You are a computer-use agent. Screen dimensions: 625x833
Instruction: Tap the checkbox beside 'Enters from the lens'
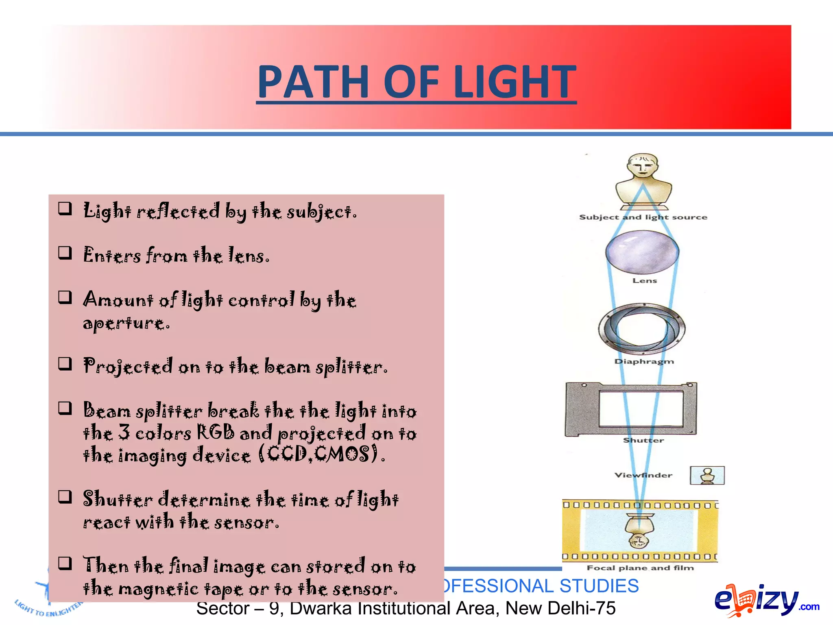tap(65, 253)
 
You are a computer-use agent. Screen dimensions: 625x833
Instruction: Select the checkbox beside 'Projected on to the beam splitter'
tap(65, 363)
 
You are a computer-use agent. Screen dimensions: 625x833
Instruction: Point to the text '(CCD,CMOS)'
tap(321, 455)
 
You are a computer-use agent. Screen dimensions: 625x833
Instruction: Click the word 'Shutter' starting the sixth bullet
tap(118, 499)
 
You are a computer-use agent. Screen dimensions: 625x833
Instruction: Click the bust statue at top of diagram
tap(643, 179)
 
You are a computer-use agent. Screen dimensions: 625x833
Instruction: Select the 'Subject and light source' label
tap(643, 217)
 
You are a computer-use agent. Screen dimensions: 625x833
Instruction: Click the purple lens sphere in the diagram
tap(642, 252)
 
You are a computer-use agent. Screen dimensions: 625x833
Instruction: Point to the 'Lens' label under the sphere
tap(644, 281)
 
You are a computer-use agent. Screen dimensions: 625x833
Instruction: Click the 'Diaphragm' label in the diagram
tap(644, 361)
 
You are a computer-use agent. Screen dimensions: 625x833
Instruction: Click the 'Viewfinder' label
tap(643, 475)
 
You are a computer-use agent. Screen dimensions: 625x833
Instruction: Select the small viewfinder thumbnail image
tap(707, 475)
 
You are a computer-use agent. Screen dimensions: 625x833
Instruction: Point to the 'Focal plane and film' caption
tap(640, 568)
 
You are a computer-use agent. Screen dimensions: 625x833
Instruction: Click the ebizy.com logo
tap(765, 600)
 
